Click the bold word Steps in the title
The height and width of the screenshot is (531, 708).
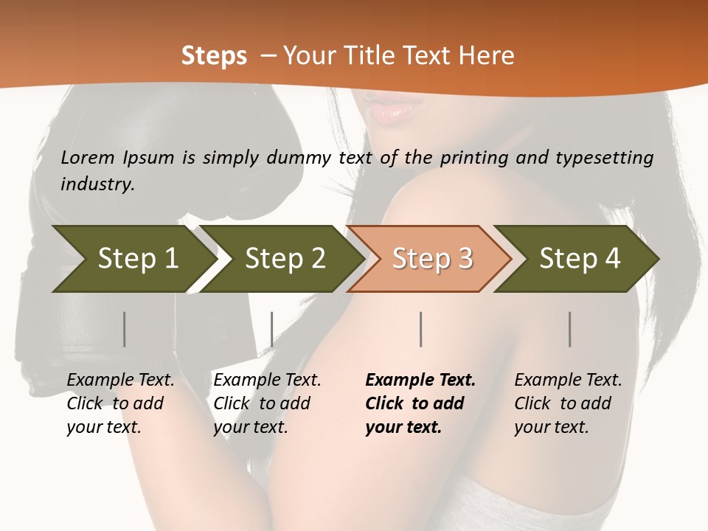coord(214,56)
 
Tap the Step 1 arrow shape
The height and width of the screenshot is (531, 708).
coord(137,259)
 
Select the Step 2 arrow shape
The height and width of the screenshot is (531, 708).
coord(285,259)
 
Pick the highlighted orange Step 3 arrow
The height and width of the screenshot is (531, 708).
coord(432,259)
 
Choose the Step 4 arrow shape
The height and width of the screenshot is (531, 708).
coord(580,259)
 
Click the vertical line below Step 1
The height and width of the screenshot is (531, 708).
coord(125,329)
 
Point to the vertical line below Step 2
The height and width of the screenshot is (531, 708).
coord(272,329)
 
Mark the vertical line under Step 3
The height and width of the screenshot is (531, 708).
coord(421,329)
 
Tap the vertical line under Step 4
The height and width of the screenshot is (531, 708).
coord(570,329)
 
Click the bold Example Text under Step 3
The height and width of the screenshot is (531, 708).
coord(420,403)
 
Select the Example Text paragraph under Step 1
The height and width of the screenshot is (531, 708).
coord(120,403)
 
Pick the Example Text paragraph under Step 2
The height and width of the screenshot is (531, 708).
coord(267,403)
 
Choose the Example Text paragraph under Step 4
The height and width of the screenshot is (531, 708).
coord(568,403)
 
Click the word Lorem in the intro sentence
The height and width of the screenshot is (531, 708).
coord(88,158)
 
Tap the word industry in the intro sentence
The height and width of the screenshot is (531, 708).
coord(97,184)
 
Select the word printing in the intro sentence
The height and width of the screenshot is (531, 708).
coord(470,158)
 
